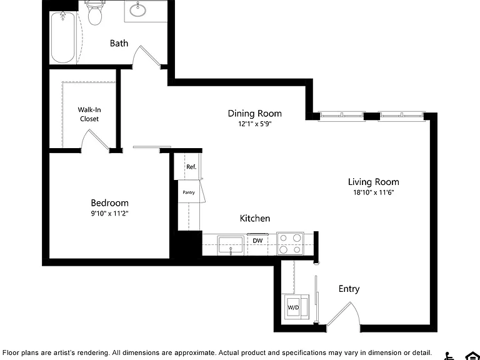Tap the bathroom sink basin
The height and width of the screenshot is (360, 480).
tap(137, 11)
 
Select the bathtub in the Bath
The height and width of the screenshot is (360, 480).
tap(62, 37)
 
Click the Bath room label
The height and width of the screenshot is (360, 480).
tap(119, 43)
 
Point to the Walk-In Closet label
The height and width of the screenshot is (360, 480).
tap(89, 114)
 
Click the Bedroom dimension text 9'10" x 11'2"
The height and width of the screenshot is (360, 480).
tap(109, 213)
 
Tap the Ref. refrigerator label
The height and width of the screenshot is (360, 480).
tap(191, 167)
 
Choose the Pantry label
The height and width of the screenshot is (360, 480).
tap(189, 192)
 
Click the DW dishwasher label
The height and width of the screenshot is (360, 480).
tap(257, 241)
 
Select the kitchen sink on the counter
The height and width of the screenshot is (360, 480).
tap(231, 245)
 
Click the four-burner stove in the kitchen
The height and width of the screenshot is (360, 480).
tap(290, 244)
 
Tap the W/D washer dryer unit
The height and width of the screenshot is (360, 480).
tap(296, 307)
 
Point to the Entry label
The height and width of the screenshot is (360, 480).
tap(349, 289)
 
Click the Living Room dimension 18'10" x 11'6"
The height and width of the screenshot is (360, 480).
tap(373, 192)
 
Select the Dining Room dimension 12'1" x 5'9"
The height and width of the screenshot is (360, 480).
tap(255, 124)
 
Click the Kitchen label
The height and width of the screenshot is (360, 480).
tap(255, 218)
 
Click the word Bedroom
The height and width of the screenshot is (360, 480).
tap(109, 203)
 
